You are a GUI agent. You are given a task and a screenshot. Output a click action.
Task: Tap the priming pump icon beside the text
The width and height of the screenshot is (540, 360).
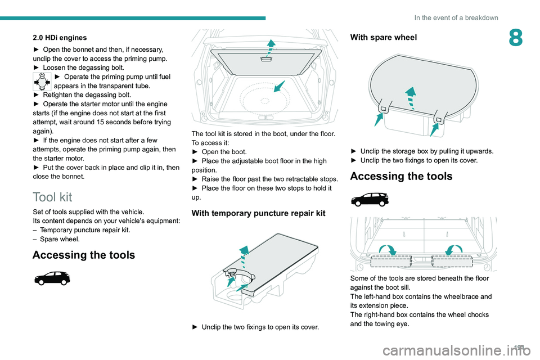coord(42,82)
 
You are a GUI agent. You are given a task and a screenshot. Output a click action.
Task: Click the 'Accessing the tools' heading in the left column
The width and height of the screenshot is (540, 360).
coord(84,255)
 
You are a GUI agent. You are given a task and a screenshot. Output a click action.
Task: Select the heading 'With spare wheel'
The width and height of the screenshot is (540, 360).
coord(384,38)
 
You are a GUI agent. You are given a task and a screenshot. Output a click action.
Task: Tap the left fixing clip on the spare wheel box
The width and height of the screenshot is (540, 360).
coord(382,109)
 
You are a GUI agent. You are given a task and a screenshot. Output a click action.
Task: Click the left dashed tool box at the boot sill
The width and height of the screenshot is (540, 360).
coord(391,261)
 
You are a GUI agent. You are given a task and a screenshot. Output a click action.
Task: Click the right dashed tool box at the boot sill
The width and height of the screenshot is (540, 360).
coord(452,261)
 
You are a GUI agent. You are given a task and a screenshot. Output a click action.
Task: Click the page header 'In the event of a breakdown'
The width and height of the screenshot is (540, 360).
coord(456,17)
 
